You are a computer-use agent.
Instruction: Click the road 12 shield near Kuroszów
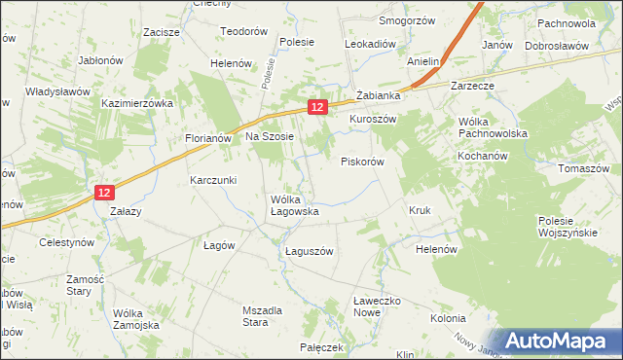[316, 106]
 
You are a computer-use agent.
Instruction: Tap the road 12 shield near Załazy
[105, 194]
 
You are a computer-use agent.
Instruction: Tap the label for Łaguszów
[310, 251]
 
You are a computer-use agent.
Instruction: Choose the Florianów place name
[207, 138]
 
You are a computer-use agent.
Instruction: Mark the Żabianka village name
[379, 95]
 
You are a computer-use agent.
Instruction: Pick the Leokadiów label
[370, 45]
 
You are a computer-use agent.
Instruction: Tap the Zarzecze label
[473, 86]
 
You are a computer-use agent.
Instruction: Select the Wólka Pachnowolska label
[492, 127]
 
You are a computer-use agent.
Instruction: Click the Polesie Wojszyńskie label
[567, 227]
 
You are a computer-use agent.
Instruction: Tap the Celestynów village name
[65, 241]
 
